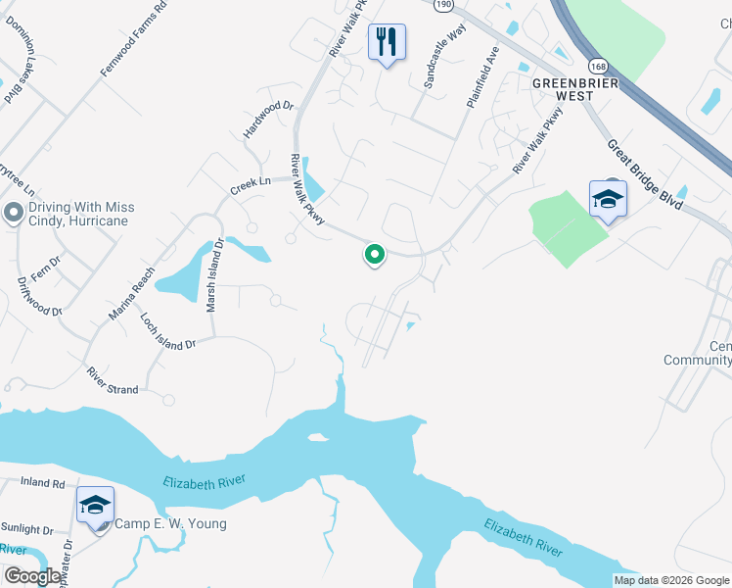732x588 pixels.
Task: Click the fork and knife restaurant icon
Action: [x=387, y=42]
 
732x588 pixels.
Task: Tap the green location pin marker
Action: [x=374, y=255]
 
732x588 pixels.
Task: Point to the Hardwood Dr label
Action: [x=268, y=119]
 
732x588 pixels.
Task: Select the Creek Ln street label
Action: [x=250, y=182]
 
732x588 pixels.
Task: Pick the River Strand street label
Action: [x=113, y=380]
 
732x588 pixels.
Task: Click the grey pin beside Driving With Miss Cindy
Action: [x=14, y=213]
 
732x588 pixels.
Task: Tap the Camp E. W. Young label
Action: [x=170, y=523]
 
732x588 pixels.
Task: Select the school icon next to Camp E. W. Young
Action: [x=95, y=506]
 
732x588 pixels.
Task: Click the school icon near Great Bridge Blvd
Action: [x=608, y=200]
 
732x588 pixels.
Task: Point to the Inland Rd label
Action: [x=45, y=483]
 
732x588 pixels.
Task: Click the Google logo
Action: [x=32, y=576]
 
